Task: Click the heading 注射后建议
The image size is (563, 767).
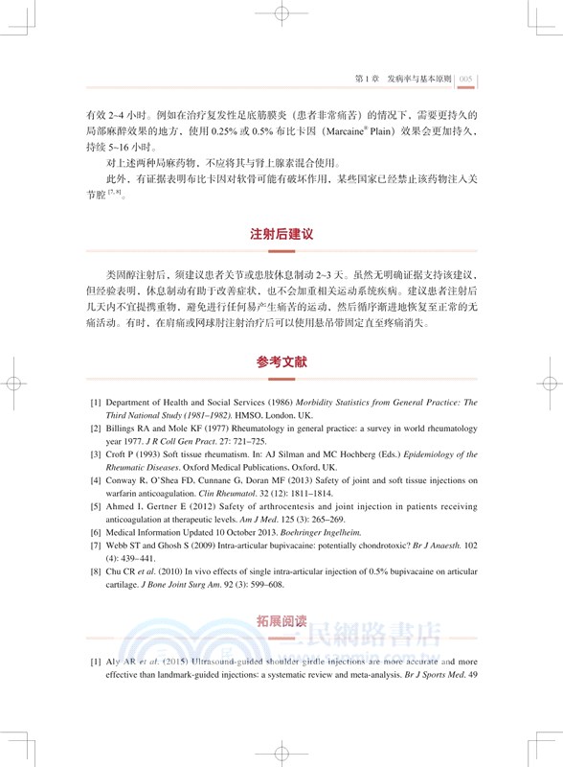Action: pos(281,233)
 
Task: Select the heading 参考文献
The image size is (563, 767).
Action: pos(281,363)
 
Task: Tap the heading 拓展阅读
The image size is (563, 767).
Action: pos(281,620)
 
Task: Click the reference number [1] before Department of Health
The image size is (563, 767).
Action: pos(96,403)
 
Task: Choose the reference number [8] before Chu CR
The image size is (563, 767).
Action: pos(96,571)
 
